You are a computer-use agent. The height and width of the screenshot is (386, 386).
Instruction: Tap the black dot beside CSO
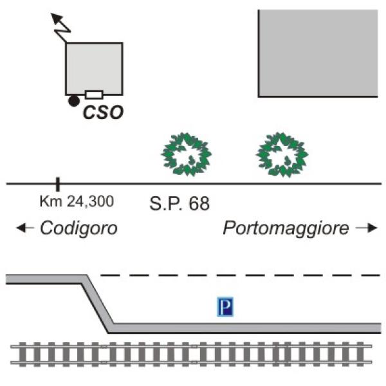click(74, 100)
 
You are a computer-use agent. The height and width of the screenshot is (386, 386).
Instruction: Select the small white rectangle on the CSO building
click(94, 95)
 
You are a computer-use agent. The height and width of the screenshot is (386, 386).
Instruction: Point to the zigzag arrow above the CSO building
click(60, 26)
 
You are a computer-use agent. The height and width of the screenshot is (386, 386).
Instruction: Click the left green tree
click(186, 154)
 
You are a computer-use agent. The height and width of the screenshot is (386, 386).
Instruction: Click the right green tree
click(281, 154)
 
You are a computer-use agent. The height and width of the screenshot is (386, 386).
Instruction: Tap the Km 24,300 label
click(76, 201)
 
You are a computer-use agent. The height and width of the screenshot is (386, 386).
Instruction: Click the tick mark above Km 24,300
click(57, 184)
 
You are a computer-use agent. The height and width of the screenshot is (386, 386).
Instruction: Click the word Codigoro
click(78, 228)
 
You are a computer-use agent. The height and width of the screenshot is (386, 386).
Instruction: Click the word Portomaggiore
click(286, 228)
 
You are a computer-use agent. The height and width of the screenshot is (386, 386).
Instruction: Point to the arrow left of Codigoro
click(25, 228)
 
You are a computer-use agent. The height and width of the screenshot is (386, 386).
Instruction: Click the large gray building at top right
click(317, 53)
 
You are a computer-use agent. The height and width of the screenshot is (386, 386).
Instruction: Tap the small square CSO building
click(94, 66)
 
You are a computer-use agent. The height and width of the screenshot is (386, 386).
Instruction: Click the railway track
click(193, 354)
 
